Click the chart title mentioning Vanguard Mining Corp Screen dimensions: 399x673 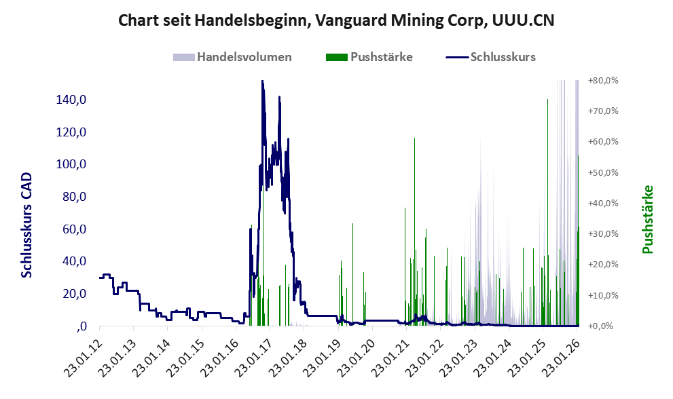coord(336,20)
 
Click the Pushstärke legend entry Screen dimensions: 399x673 coord(381,57)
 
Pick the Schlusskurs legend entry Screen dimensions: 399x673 coord(503,57)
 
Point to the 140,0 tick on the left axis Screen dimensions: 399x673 coord(72,100)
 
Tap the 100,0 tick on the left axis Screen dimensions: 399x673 coord(72,164)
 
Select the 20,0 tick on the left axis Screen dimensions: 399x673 coord(75,293)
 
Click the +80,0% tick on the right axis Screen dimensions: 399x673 coord(603,80)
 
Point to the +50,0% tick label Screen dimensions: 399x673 coord(603,172)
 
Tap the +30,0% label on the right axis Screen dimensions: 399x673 coord(603,233)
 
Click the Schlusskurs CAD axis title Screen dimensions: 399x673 coord(26,225)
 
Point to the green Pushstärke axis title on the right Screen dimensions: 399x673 coord(647,220)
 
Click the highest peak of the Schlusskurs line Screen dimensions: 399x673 coord(262,81)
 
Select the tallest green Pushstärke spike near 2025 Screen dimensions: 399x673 coord(547,100)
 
